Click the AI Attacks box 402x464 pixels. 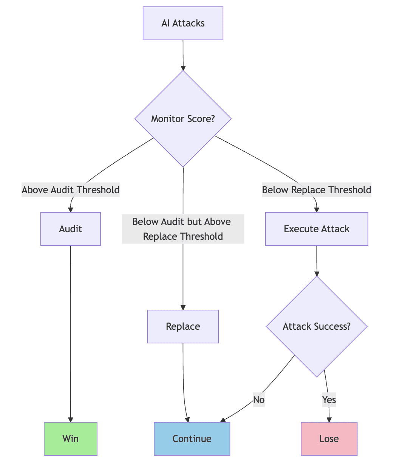(183, 23)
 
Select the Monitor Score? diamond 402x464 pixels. (183, 119)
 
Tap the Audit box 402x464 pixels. (71, 229)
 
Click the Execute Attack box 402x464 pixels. (317, 229)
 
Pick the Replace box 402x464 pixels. (183, 326)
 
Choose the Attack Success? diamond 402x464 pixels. (317, 326)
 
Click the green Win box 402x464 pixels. (71, 439)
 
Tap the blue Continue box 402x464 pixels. (192, 439)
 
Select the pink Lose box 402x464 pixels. (329, 439)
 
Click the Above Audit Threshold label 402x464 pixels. (71, 189)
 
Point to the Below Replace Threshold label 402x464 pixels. (317, 189)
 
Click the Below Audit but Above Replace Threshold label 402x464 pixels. (183, 229)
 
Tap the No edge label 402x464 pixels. (259, 399)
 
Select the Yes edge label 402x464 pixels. (329, 399)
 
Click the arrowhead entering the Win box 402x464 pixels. (71, 419)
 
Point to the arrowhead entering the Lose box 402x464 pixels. (329, 419)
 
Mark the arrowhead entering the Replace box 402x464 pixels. (183, 307)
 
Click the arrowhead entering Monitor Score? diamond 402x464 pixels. (183, 68)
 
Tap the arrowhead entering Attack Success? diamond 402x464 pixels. (317, 274)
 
